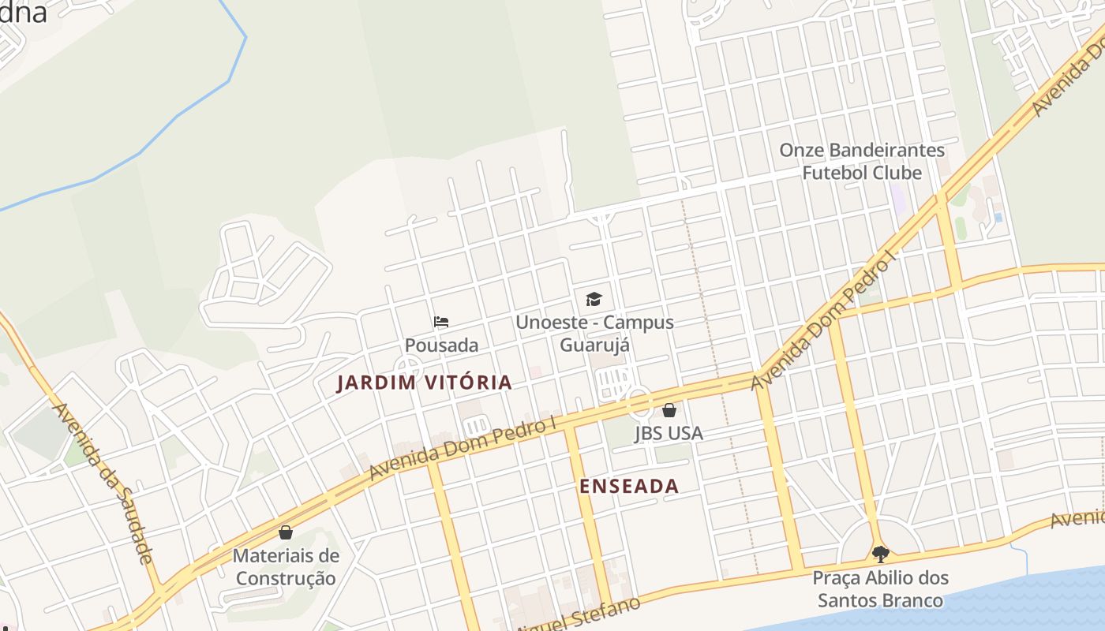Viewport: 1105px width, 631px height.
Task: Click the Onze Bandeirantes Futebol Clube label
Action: (x=862, y=161)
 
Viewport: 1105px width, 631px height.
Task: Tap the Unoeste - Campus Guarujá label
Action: (x=594, y=333)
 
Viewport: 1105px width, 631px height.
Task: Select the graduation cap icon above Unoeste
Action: (x=594, y=299)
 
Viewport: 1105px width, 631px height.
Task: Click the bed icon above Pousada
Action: (x=441, y=322)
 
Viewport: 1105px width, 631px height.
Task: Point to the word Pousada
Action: (x=441, y=345)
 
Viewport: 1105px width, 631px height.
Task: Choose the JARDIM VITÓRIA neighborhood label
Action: (x=425, y=383)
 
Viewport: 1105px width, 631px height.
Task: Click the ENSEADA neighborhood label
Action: (x=629, y=486)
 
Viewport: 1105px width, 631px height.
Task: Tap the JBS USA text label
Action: (x=669, y=433)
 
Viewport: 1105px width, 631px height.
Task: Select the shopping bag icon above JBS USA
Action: (x=669, y=410)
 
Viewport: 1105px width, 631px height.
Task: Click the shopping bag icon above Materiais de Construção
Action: (x=286, y=532)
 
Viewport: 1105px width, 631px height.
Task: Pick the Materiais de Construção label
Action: (x=286, y=567)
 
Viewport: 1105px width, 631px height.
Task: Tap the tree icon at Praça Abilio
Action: (x=881, y=554)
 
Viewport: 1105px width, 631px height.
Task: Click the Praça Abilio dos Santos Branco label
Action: (x=881, y=589)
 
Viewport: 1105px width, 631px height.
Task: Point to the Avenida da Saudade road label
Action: (x=103, y=483)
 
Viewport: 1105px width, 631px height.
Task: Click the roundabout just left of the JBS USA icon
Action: (x=639, y=403)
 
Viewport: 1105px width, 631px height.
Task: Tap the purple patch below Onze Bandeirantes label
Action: (x=897, y=197)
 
